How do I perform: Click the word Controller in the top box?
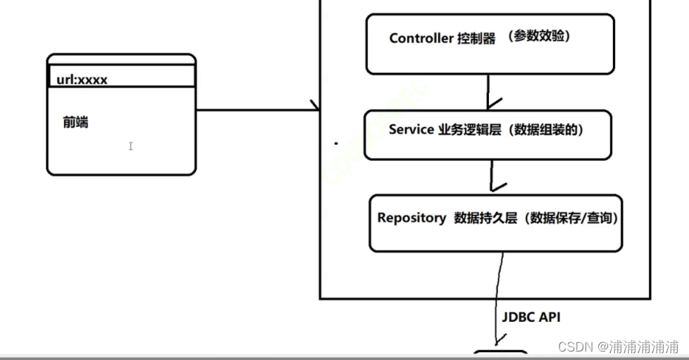point(421,39)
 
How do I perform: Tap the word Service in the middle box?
point(411,130)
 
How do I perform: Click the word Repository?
point(411,218)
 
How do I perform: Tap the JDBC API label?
point(531,318)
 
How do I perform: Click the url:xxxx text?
point(82,80)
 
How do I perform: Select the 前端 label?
point(75,123)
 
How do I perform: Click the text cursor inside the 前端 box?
point(131,146)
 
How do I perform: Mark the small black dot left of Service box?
point(336,143)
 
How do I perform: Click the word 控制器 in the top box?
point(476,39)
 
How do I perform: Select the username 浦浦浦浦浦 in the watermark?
point(644,347)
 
